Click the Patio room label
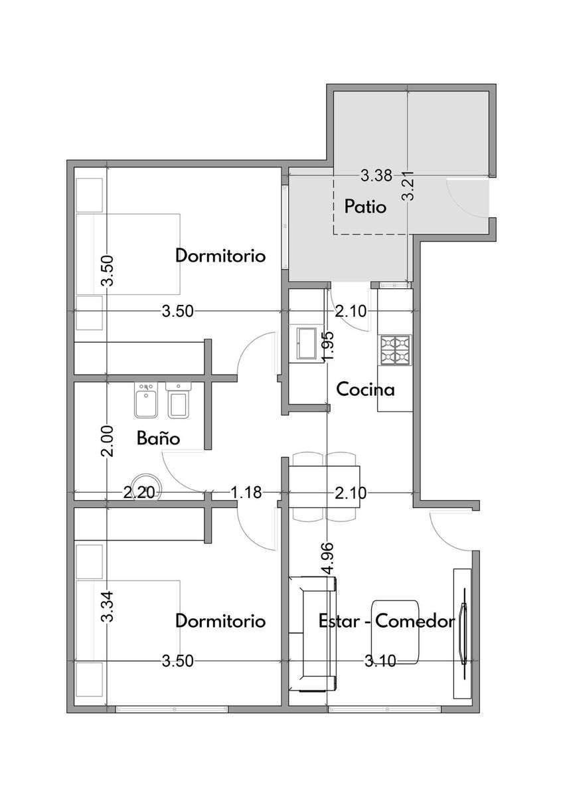pos(365,207)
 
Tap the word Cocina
pos(365,389)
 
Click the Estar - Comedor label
pos(386,621)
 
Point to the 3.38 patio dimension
pos(376,175)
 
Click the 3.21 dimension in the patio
pos(410,186)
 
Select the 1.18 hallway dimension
pos(246,493)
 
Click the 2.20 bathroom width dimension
pos(139,493)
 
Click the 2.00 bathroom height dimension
pos(108,441)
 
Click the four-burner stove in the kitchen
pos(396,350)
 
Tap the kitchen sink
pos(306,343)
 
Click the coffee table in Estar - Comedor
pos(395,632)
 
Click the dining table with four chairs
pos(325,486)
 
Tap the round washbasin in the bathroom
pos(147,487)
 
